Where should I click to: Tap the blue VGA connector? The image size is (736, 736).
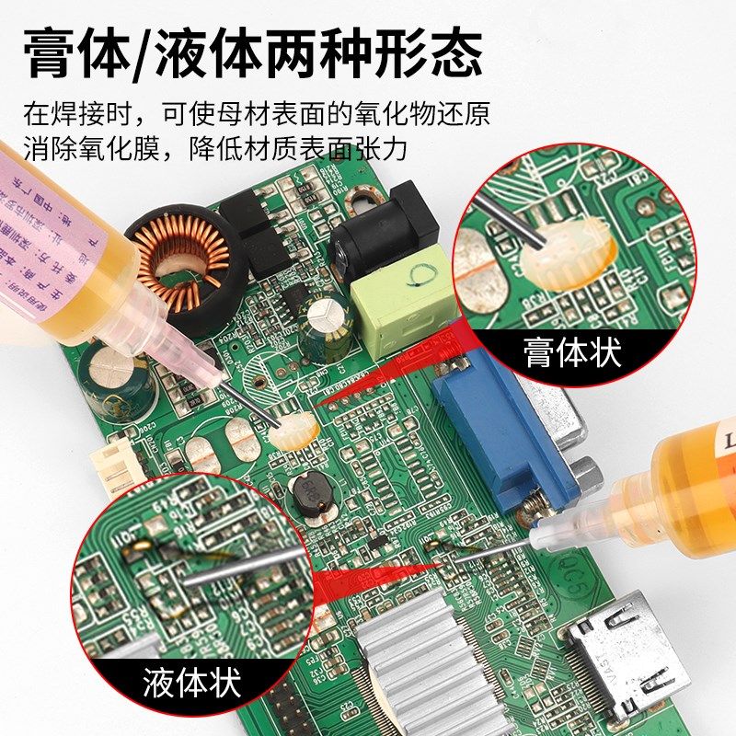click(x=497, y=423)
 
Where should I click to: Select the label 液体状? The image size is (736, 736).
click(x=191, y=683)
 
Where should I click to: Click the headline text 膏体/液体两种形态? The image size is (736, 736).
click(x=253, y=52)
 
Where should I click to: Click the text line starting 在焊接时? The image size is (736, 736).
click(x=256, y=115)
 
